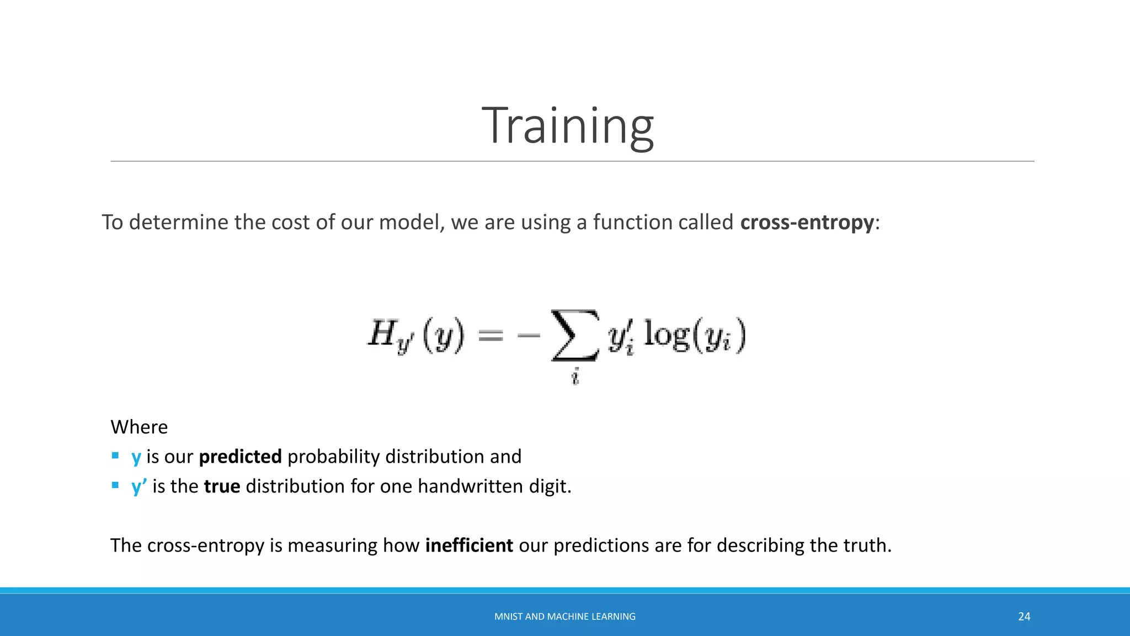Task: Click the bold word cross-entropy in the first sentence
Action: click(807, 222)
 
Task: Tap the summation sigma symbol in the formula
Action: click(575, 336)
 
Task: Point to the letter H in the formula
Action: click(381, 333)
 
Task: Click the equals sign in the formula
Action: click(491, 335)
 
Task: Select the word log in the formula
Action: click(667, 334)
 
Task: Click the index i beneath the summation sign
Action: click(575, 377)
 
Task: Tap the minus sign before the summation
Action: click(529, 335)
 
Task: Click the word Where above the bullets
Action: click(139, 427)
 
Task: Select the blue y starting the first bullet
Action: click(136, 457)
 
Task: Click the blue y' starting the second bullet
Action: click(138, 486)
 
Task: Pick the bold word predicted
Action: click(240, 457)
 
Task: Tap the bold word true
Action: click(222, 486)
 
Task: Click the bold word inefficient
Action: click(469, 545)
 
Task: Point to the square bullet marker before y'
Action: click(115, 485)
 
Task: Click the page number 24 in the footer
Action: click(1024, 616)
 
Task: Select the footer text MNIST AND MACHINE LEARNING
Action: click(564, 616)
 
